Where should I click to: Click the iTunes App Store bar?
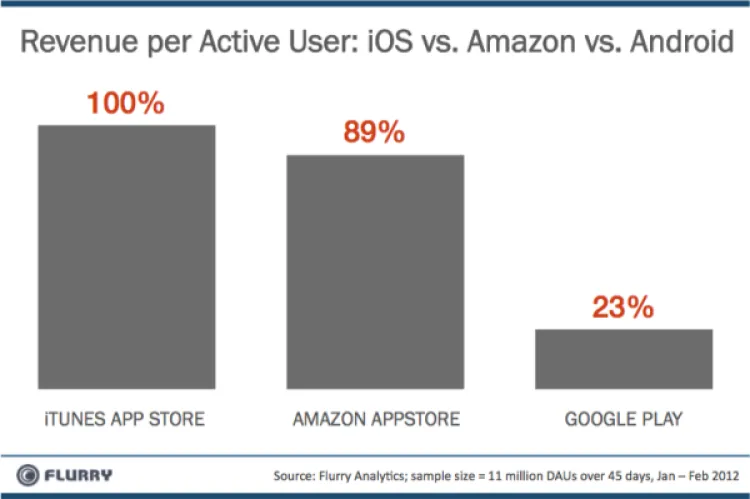[x=126, y=256]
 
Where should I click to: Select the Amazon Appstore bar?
[x=376, y=271]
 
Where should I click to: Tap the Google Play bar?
[x=624, y=358]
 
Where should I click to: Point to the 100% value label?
[x=125, y=104]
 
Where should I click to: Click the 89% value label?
[x=375, y=134]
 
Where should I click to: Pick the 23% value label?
[x=624, y=307]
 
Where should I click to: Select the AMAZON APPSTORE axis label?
[x=376, y=418]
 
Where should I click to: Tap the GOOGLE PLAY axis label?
[x=624, y=418]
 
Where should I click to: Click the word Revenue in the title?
[x=78, y=44]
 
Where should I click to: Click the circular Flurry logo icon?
[x=28, y=472]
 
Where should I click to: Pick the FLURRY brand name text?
[x=79, y=472]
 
